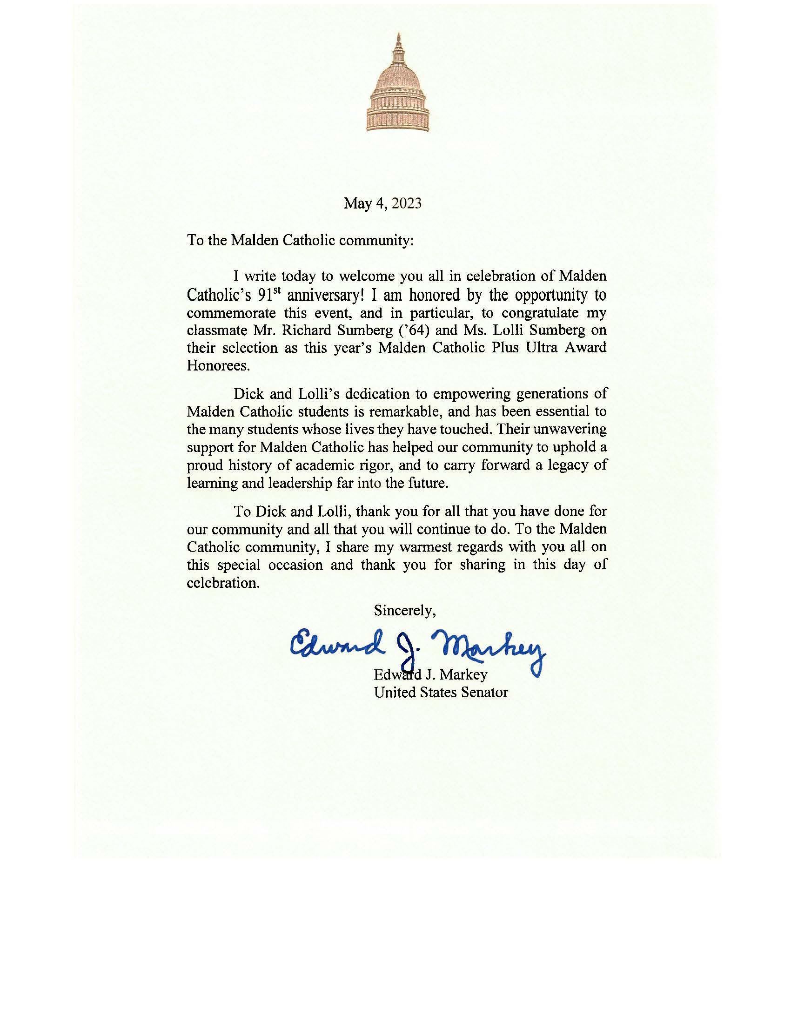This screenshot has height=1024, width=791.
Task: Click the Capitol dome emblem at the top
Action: [397, 84]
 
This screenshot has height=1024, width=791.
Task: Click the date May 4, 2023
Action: [382, 203]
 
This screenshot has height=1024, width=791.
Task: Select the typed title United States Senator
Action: [441, 692]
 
